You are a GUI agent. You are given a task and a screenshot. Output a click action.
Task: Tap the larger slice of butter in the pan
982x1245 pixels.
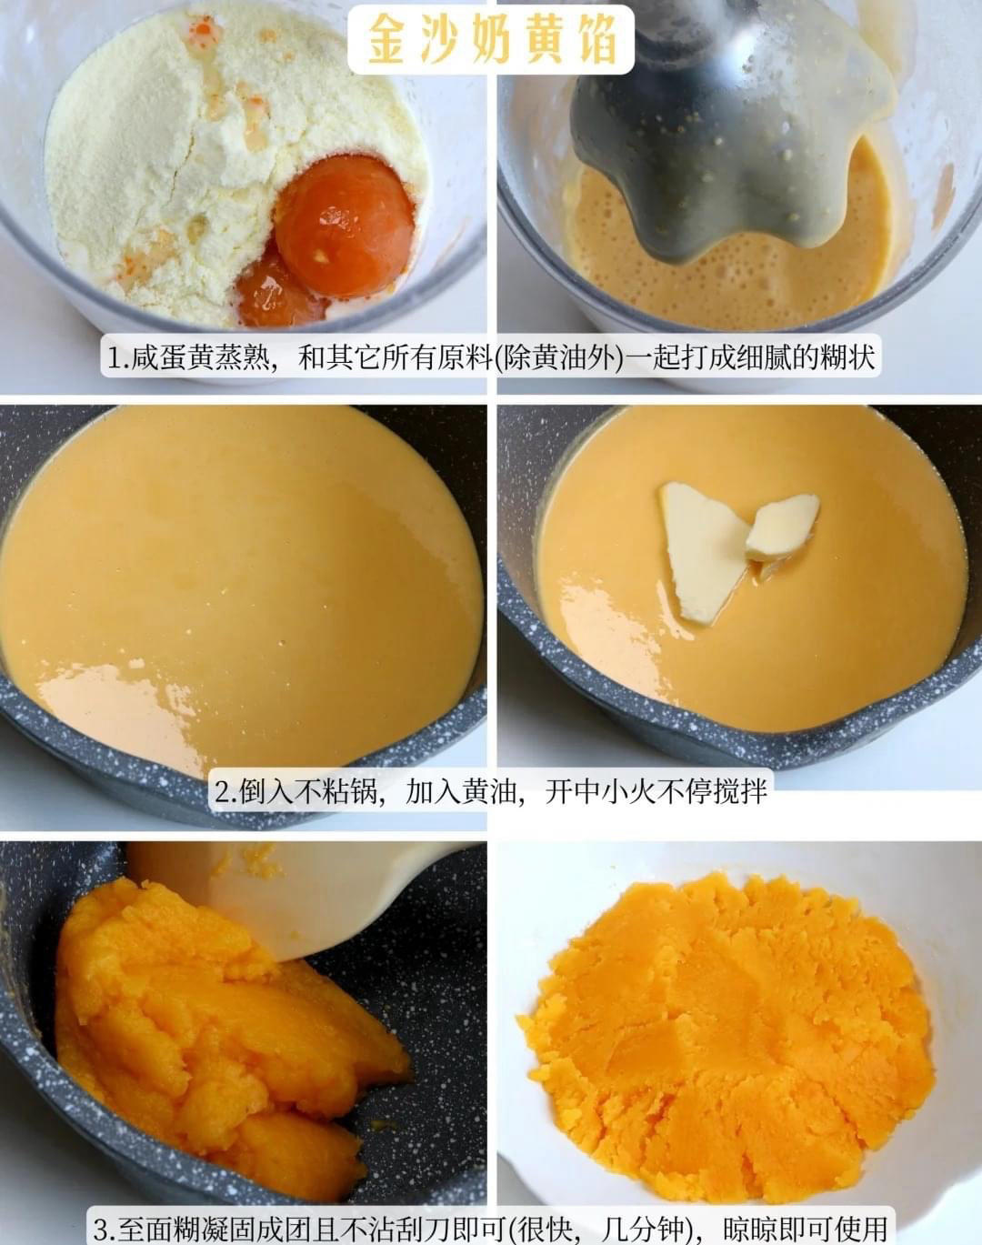[702, 549]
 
